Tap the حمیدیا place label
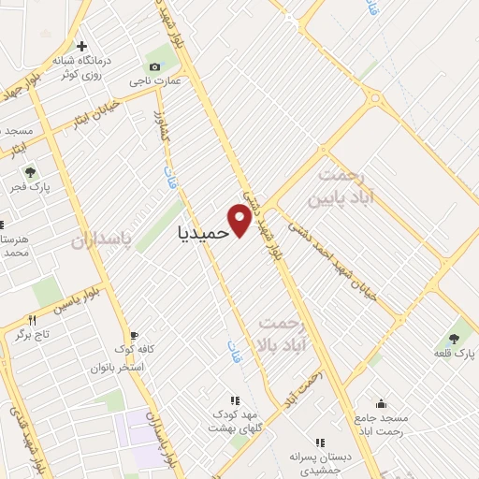pyautogui.click(x=202, y=232)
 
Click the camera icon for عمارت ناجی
pyautogui.click(x=155, y=66)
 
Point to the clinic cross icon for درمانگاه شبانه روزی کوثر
pyautogui.click(x=82, y=46)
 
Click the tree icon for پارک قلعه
pyautogui.click(x=455, y=339)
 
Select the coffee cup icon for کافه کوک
pyautogui.click(x=134, y=335)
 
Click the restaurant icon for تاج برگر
pyautogui.click(x=32, y=319)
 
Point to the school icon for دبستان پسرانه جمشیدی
pyautogui.click(x=320, y=443)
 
